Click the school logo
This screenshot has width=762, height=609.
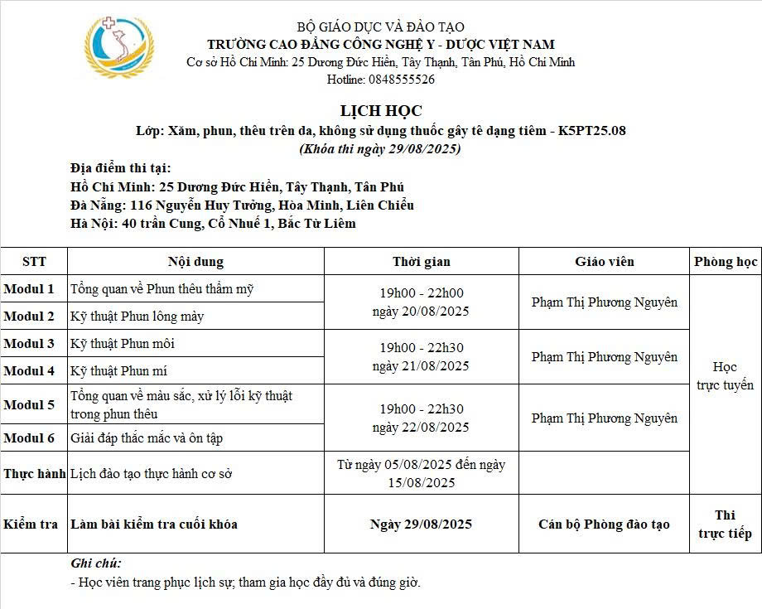coord(119,47)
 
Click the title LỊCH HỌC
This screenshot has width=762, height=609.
coord(381,110)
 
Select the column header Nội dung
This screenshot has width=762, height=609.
coord(195,262)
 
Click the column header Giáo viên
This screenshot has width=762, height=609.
coord(605,262)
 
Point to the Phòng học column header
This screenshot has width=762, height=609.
coord(726,262)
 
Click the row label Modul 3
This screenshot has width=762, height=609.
coord(29,343)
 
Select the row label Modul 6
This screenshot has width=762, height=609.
coord(29,437)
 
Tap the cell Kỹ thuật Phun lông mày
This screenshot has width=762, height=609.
coord(137,316)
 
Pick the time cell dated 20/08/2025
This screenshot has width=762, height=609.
coord(421,302)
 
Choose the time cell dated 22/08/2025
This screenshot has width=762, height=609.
coord(421,418)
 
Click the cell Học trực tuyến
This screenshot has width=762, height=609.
coord(726,376)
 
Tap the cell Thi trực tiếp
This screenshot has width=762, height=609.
coord(726,524)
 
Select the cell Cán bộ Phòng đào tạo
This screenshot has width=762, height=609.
coord(605,524)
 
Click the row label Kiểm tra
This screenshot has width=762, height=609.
coord(31,524)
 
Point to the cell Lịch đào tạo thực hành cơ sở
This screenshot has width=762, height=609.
coord(152,474)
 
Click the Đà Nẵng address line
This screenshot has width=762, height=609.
coord(243,205)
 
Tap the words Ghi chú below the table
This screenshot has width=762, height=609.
coord(96,563)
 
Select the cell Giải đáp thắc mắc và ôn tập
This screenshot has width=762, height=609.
coord(147,437)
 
